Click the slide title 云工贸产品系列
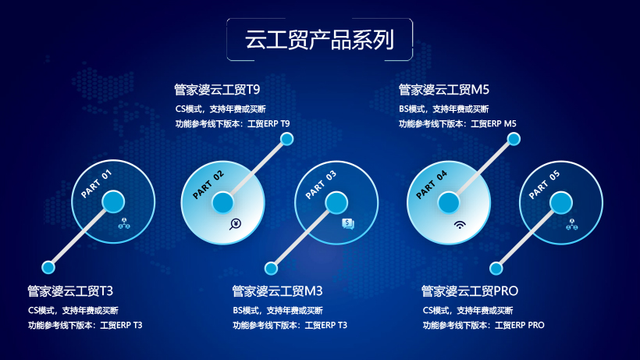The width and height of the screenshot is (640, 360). coord(319,40)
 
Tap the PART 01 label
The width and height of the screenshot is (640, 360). coord(96,184)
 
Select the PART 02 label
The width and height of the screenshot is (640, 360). coord(208,185)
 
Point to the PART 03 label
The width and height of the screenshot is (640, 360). coord(322,185)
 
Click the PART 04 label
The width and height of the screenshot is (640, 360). coord(432,185)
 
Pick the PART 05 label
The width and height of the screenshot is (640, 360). coord(545,185)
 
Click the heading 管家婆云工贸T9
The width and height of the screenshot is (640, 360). coord(217,90)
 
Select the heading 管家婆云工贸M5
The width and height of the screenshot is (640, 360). coord(443,90)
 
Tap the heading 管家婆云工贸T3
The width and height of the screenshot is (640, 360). coord(70,291)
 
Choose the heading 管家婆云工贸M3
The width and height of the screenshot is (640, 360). coord(278,291)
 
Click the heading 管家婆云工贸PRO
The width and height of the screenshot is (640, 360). coord(470,291)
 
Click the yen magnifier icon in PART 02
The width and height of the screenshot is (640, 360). coord(235,224)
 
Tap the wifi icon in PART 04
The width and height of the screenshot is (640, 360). coord(460,224)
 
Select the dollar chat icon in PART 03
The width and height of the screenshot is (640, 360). coord(348,224)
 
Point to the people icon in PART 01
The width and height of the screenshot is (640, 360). coord(124,223)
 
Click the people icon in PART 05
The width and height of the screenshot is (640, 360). coord(572,224)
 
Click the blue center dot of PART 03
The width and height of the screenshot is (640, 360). coord(336,203)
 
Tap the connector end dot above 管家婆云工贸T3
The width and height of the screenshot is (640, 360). coord(48,267)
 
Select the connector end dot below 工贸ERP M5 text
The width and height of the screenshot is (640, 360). coord(514,139)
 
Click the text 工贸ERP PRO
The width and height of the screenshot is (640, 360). coord(520,326)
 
